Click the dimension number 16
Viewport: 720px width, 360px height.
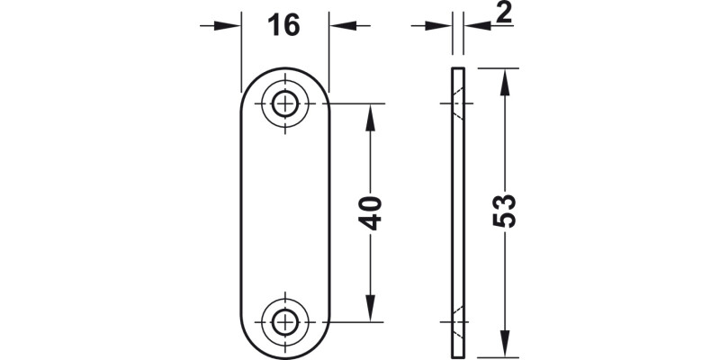pyautogui.click(x=283, y=25)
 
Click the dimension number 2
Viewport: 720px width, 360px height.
pyautogui.click(x=503, y=13)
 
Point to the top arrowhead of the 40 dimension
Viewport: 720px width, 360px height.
pyautogui.click(x=368, y=112)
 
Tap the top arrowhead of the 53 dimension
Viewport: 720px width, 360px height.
pyautogui.click(x=504, y=76)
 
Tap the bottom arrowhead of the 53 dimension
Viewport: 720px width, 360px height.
pyautogui.click(x=504, y=347)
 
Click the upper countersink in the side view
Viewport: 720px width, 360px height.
pyautogui.click(x=458, y=104)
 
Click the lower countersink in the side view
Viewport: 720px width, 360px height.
pyautogui.click(x=458, y=320)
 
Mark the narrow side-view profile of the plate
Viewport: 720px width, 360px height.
pyautogui.click(x=456, y=212)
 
